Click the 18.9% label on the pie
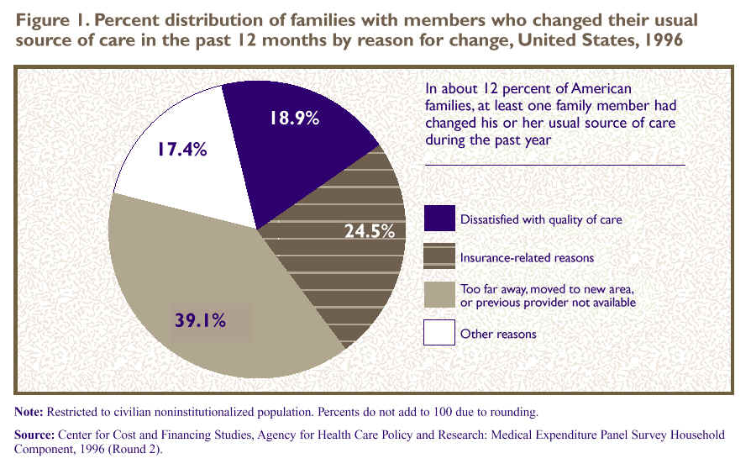pyautogui.click(x=293, y=119)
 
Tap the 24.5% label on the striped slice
pyautogui.click(x=370, y=231)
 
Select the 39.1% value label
pyautogui.click(x=200, y=320)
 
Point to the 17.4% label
pyautogui.click(x=181, y=150)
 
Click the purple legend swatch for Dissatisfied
pyautogui.click(x=439, y=219)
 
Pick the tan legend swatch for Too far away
pyautogui.click(x=439, y=295)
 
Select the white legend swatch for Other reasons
pyautogui.click(x=439, y=334)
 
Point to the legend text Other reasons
pyautogui.click(x=498, y=335)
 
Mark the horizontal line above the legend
pyautogui.click(x=555, y=165)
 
